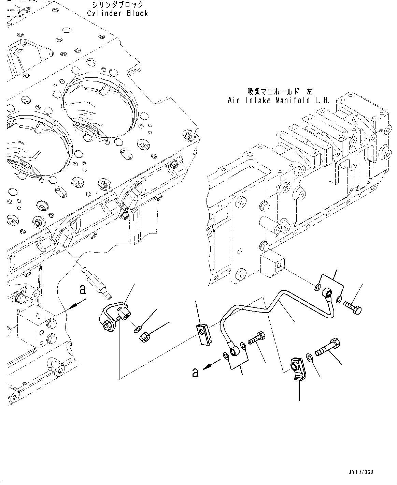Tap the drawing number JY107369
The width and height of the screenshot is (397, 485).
(361, 472)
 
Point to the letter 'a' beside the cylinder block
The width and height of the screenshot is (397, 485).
(82, 290)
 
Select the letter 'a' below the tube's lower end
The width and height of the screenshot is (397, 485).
(195, 373)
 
